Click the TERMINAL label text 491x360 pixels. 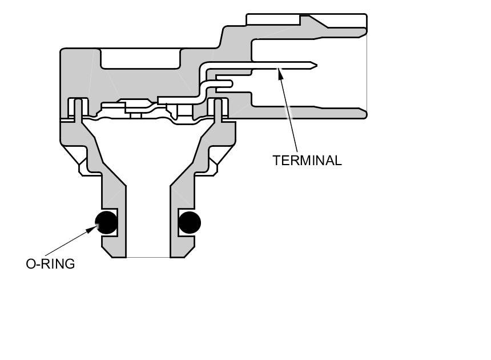click(x=307, y=161)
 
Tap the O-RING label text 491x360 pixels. click(x=50, y=264)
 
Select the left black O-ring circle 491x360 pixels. click(x=106, y=222)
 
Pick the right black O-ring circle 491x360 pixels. click(x=190, y=222)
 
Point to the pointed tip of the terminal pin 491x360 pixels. click(x=315, y=65)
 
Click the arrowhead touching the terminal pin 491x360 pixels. click(x=280, y=72)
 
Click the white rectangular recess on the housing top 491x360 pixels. click(x=140, y=58)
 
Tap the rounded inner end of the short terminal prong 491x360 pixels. click(x=230, y=84)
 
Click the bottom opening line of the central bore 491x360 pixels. click(x=148, y=257)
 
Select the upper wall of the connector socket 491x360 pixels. click(x=308, y=33)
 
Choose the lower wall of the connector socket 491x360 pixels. click(x=308, y=112)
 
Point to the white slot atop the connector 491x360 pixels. click(x=273, y=19)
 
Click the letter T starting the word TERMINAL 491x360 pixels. click(x=276, y=161)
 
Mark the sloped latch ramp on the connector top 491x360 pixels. click(x=320, y=23)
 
